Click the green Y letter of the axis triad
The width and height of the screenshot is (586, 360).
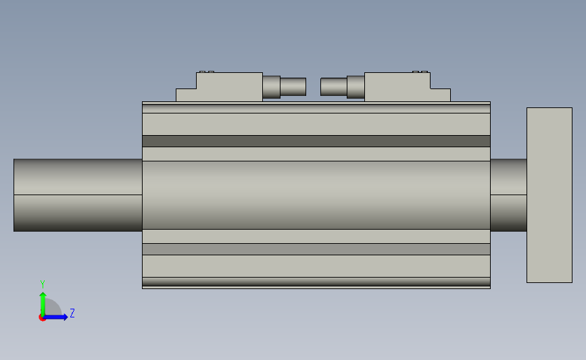tap(42, 284)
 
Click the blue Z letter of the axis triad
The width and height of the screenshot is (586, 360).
tap(72, 313)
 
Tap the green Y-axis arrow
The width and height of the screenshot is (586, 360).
tap(43, 301)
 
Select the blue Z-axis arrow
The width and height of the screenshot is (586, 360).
tap(58, 317)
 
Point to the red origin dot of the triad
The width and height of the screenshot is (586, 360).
tap(42, 317)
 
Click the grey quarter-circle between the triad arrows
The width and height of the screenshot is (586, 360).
tap(51, 309)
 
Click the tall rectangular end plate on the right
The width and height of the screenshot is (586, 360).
tap(549, 195)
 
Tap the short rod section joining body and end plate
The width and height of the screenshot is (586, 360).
tap(508, 195)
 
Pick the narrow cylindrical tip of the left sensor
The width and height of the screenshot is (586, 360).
tap(293, 86)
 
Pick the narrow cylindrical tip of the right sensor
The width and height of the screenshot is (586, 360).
tap(333, 86)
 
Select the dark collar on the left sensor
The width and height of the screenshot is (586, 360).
tap(271, 86)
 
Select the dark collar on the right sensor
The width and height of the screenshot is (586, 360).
tap(356, 86)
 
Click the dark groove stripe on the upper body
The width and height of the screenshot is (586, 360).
tap(316, 141)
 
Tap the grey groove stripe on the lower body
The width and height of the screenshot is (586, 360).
tap(316, 249)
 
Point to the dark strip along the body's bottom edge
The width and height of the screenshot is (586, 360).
tap(316, 281)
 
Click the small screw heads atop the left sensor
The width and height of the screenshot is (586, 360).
tap(206, 72)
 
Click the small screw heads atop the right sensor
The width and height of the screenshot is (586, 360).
tap(420, 72)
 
